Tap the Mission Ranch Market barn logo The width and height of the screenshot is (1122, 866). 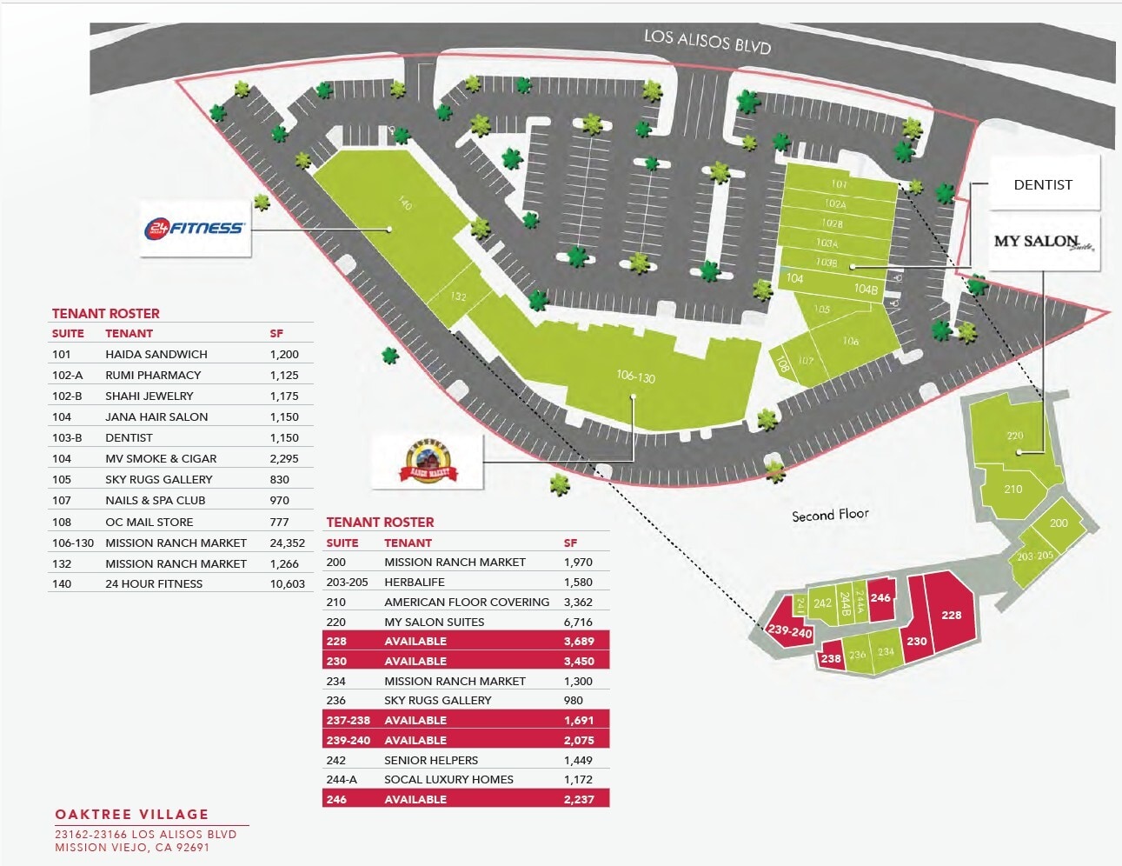tap(428, 462)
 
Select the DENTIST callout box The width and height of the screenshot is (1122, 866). tap(1043, 184)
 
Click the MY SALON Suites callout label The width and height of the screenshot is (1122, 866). tap(1044, 242)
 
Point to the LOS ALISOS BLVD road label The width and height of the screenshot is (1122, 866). tap(707, 40)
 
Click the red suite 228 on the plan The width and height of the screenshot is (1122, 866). tap(951, 615)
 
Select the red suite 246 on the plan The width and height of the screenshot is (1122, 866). tap(880, 598)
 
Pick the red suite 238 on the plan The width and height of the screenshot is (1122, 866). tap(831, 658)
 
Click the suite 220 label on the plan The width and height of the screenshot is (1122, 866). tap(1014, 436)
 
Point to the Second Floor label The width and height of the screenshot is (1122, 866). tap(830, 515)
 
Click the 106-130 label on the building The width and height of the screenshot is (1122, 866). tap(635, 376)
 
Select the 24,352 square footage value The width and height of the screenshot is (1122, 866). tap(287, 543)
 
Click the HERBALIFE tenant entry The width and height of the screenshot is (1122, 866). tap(415, 582)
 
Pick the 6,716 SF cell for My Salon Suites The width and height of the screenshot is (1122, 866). tap(578, 622)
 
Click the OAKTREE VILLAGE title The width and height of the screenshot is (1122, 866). tap(132, 814)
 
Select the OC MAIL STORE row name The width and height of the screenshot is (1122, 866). tap(149, 522)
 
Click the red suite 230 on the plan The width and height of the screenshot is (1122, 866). tap(917, 641)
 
